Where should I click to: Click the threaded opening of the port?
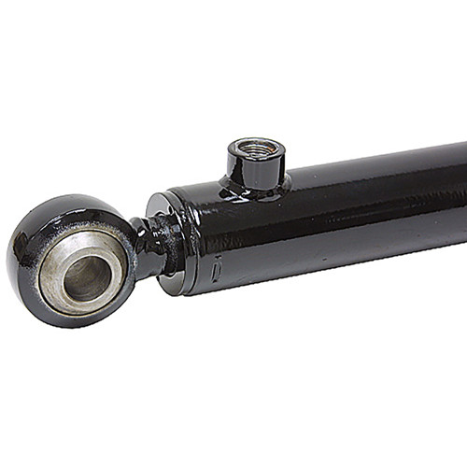(256, 147)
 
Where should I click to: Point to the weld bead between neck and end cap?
(168, 245)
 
